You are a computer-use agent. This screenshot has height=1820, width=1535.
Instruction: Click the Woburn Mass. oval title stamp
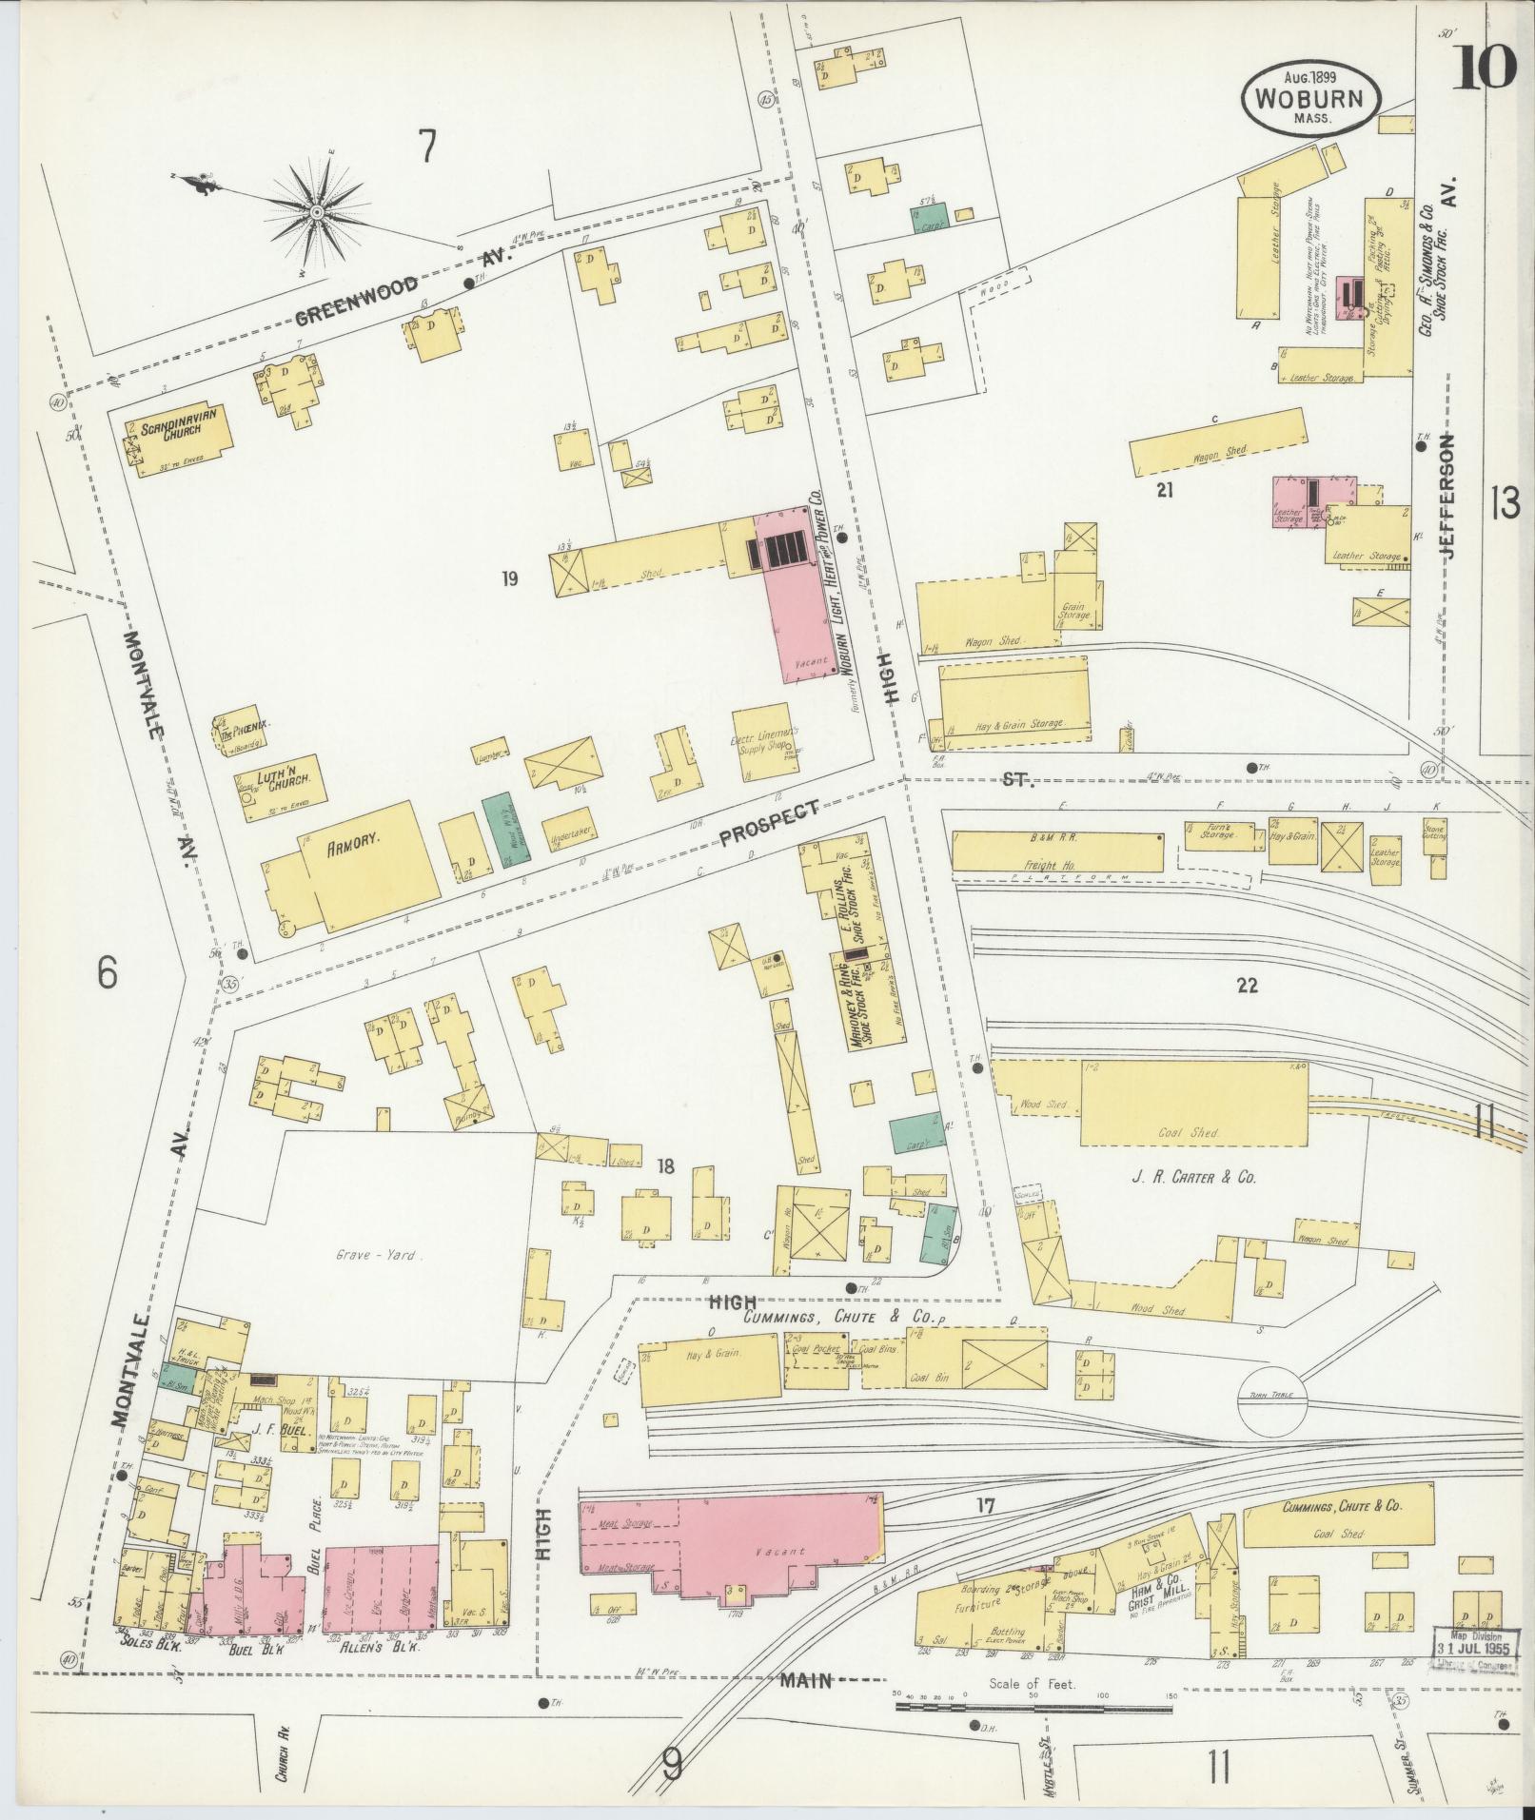[x=1309, y=97]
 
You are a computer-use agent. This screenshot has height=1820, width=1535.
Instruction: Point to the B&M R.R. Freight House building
[x=1057, y=851]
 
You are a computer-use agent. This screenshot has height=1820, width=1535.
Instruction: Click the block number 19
[x=510, y=578]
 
